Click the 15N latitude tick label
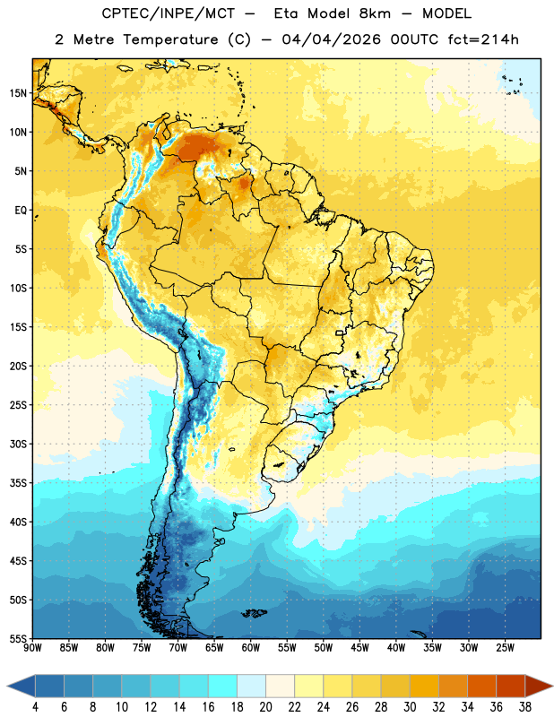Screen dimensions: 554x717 pos(18,93)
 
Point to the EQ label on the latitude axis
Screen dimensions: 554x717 pos(21,211)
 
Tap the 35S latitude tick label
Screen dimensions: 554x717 pos(18,483)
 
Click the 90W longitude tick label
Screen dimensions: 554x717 pos(32,647)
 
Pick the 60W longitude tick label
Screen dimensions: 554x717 pos(251,647)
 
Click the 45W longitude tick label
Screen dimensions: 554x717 pos(359,647)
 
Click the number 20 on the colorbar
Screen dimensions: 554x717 pos(265,707)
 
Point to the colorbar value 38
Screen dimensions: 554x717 pos(525,707)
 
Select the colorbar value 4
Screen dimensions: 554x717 pos(35,707)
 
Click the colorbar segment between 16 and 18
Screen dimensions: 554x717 pos(222,686)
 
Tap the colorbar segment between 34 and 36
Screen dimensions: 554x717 pos(481,686)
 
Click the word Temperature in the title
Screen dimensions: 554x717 pos(170,39)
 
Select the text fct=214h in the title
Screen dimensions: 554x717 pos(483,39)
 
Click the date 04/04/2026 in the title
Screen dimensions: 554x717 pos(331,39)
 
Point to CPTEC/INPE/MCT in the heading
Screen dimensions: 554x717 pos(169,13)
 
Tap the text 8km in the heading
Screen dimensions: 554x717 pos(375,13)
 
